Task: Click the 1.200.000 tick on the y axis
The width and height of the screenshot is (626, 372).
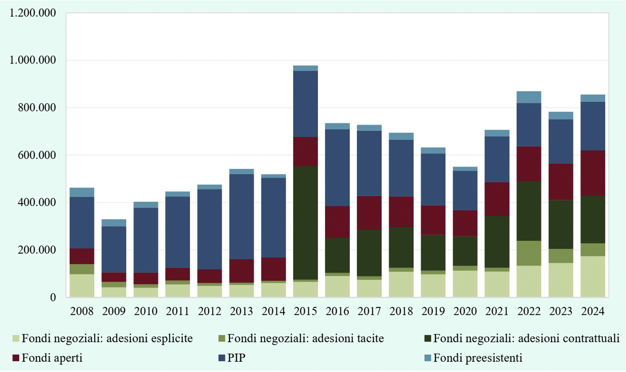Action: point(33,13)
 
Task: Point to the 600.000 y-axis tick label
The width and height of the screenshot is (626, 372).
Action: point(37,155)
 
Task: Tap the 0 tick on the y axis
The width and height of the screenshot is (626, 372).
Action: point(53,298)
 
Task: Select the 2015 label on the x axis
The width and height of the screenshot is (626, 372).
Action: point(306,311)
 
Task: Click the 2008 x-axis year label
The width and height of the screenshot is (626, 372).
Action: point(82,311)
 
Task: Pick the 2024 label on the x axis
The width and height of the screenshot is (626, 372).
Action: point(593,311)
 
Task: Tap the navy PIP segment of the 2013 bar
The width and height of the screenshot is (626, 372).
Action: point(241,217)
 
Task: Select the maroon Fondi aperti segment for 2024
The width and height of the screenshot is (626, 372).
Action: point(593,173)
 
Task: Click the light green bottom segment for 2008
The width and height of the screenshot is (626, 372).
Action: point(82,285)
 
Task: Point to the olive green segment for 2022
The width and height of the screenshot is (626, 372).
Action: point(529,253)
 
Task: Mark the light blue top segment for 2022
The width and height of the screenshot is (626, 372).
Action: point(529,97)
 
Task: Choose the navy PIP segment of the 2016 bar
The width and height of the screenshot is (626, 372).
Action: point(338,168)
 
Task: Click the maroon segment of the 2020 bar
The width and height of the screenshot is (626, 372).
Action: point(465,223)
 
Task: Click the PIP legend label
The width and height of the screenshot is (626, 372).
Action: point(236,358)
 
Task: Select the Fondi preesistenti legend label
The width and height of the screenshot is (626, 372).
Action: point(478,358)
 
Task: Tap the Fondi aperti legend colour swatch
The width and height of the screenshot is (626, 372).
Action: point(16,358)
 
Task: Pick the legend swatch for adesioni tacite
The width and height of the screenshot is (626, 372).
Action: point(222,338)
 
